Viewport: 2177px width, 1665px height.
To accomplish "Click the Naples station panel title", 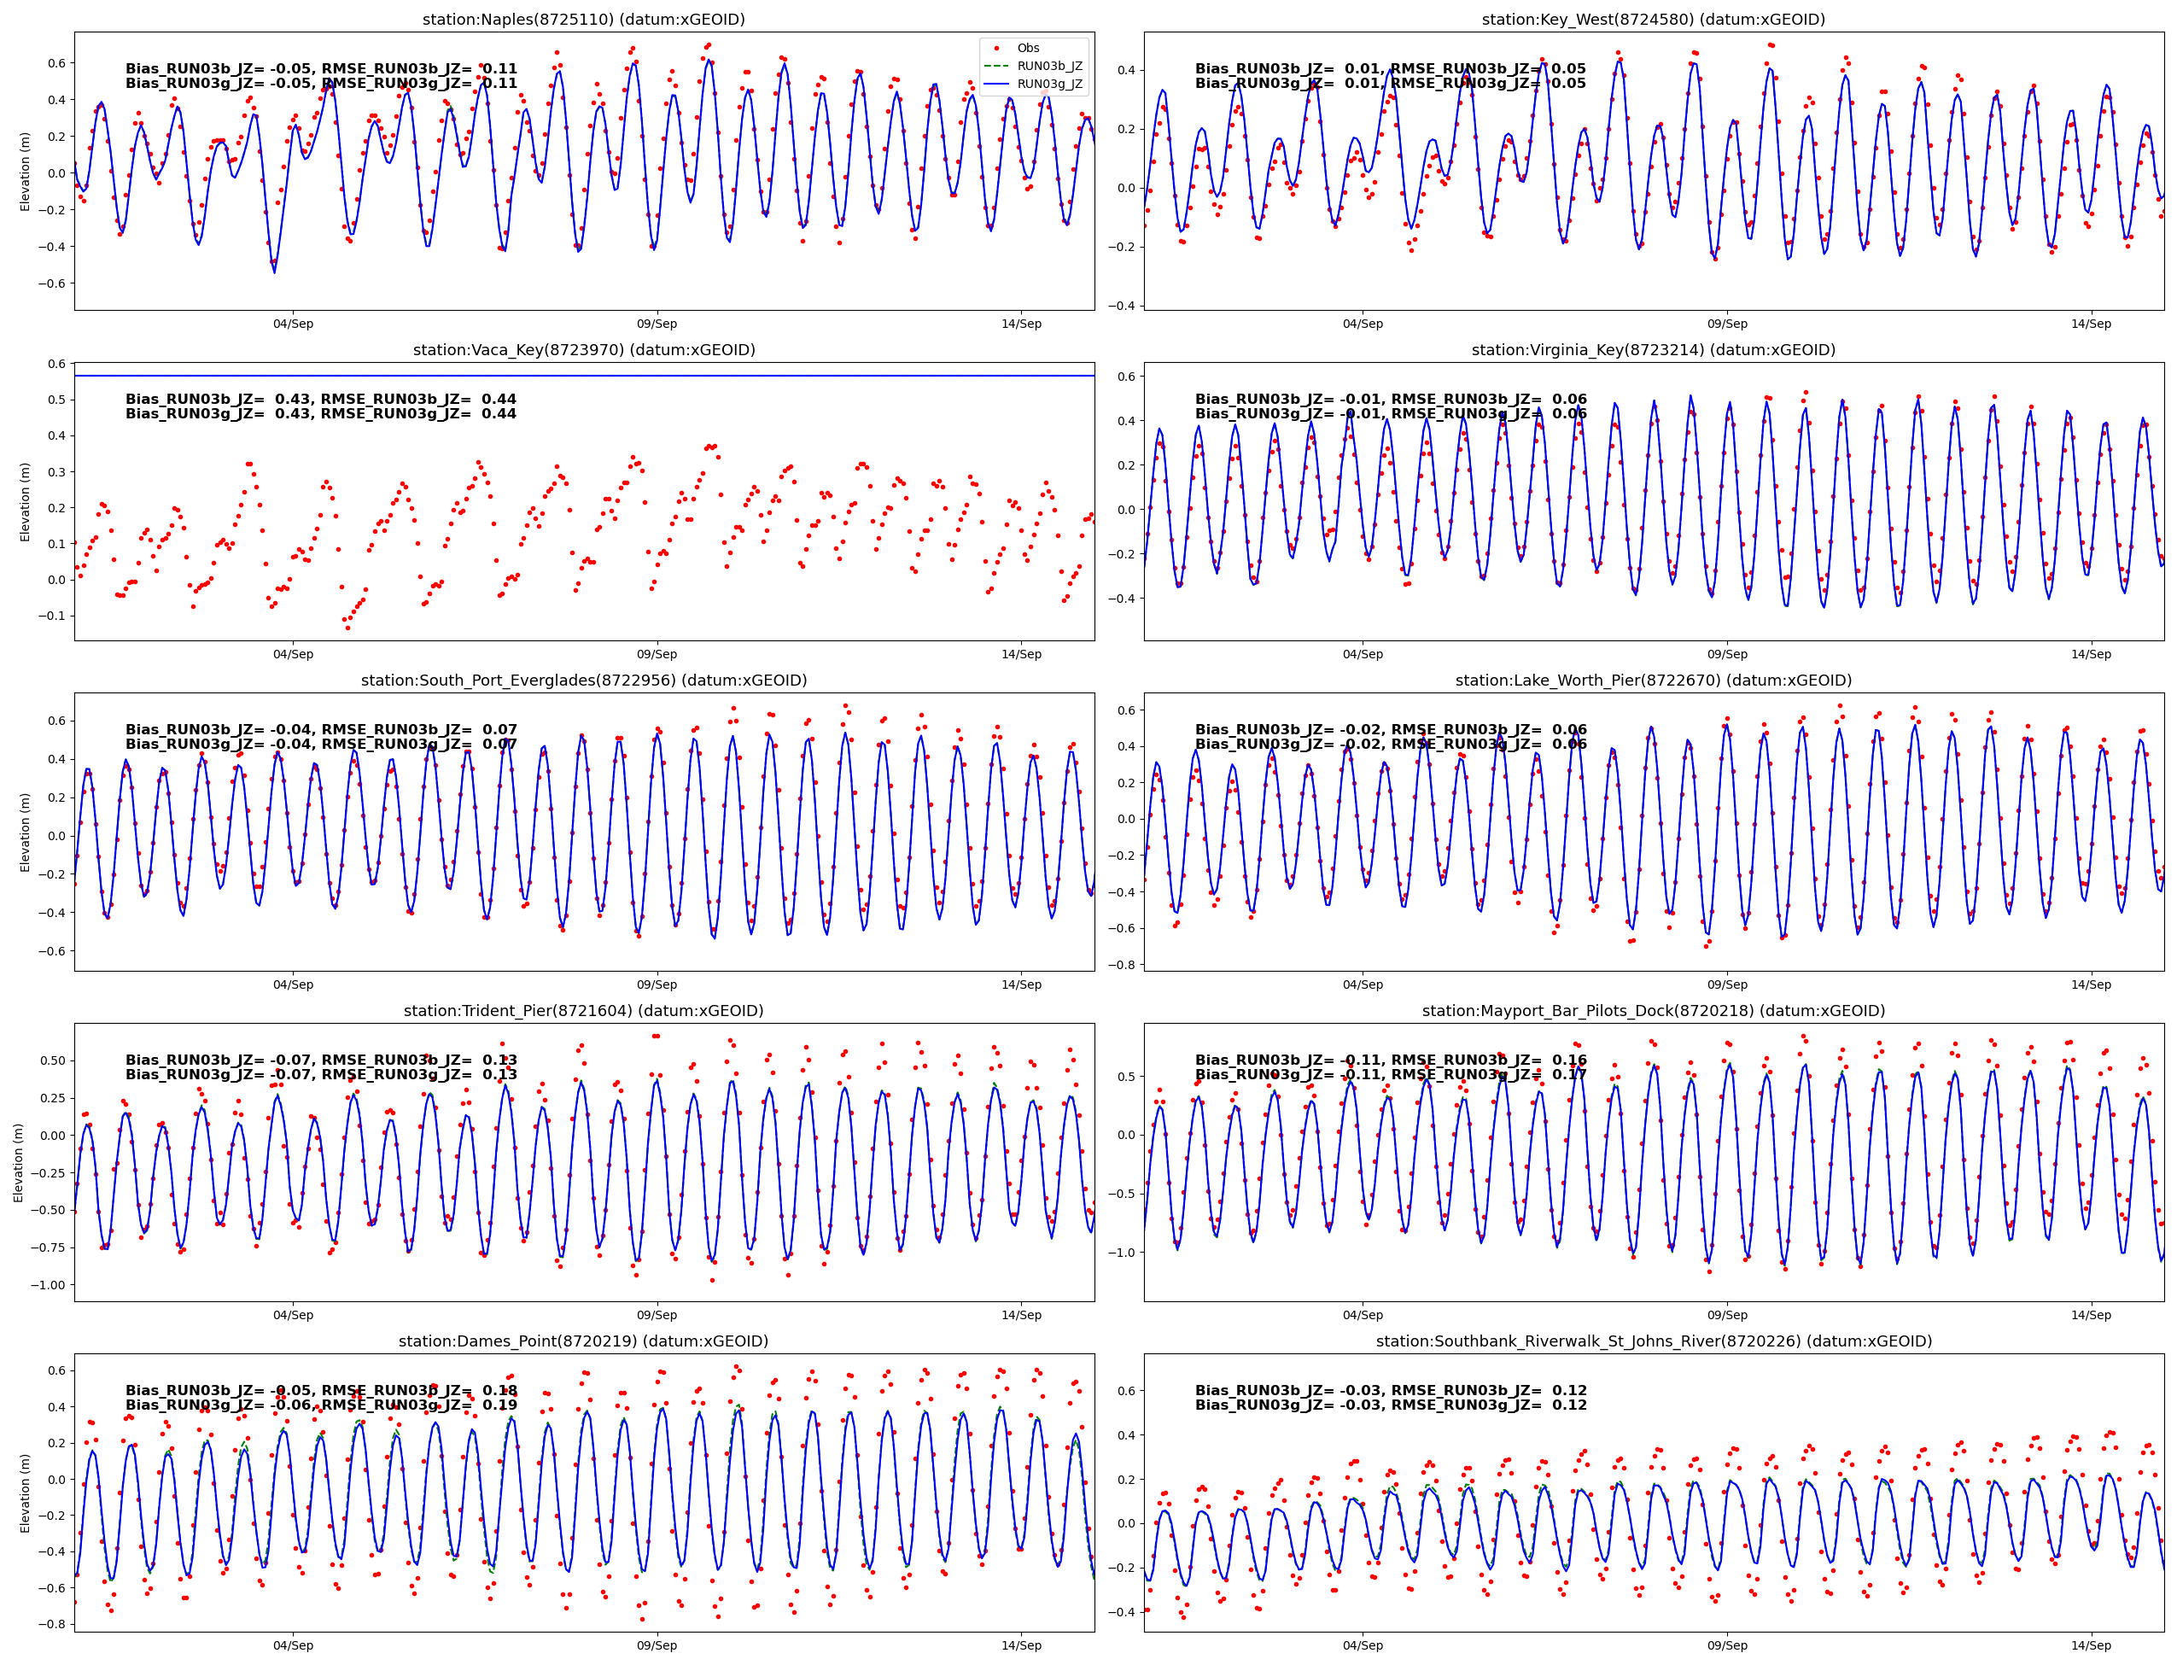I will (x=584, y=20).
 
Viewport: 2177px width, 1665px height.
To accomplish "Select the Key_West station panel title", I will (x=1653, y=20).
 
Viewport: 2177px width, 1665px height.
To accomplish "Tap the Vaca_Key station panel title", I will (x=584, y=350).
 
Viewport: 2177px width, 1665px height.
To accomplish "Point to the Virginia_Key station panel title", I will (x=1653, y=350).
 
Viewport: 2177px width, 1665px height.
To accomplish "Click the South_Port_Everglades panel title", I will (x=584, y=681).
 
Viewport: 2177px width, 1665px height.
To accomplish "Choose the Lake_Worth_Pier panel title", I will (x=1653, y=681).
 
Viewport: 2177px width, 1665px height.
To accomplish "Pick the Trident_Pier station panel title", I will (x=584, y=1011).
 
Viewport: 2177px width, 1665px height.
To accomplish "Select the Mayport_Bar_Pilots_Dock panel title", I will (x=1653, y=1011).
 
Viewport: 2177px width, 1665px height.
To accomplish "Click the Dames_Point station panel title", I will (x=584, y=1341).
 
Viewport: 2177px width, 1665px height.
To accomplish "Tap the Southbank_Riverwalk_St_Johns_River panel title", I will (x=1653, y=1341).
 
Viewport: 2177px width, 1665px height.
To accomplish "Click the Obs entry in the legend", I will (x=1028, y=48).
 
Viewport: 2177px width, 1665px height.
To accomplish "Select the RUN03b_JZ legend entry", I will (x=1048, y=67).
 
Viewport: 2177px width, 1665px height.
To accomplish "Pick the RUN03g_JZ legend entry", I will (x=1048, y=85).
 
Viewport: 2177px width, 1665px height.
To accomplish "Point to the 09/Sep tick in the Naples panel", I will (x=657, y=324).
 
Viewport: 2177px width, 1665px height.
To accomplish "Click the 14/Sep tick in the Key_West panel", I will (x=2091, y=324).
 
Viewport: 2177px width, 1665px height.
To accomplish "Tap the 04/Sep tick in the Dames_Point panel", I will (x=294, y=1645).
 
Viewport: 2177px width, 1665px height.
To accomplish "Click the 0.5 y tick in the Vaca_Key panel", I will (x=56, y=400).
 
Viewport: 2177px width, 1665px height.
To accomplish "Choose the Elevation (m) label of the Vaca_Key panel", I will (x=25, y=501).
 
